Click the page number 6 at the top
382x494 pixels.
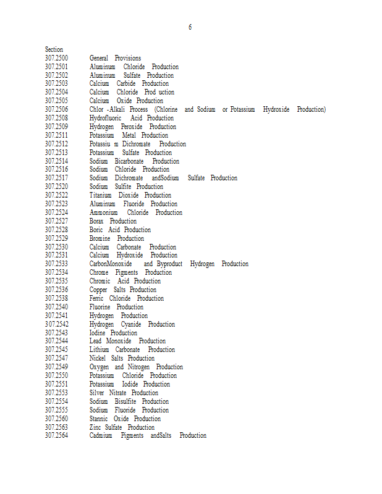[x=190, y=27]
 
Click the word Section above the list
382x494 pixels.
[x=54, y=49]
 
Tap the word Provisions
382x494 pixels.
[x=127, y=58]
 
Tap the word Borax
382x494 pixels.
[x=96, y=221]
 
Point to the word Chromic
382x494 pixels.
[x=100, y=281]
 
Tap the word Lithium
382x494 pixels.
[x=99, y=350]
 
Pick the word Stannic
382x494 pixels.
[x=99, y=419]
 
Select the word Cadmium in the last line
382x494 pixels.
[x=101, y=435]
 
